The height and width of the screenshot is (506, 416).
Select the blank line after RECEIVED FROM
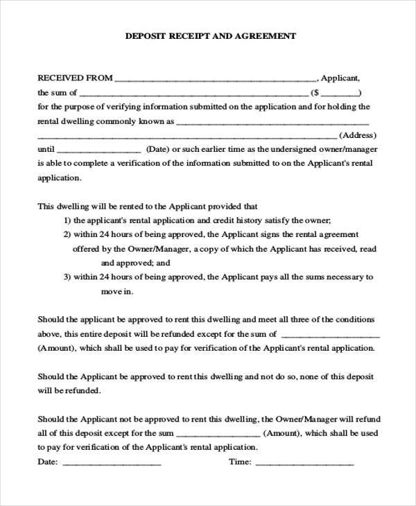pyautogui.click(x=216, y=80)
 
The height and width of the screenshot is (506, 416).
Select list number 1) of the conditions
pyautogui.click(x=68, y=220)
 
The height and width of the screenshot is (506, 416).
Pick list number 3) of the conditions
pyautogui.click(x=68, y=277)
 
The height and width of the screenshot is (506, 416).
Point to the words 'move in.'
pyautogui.click(x=117, y=291)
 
